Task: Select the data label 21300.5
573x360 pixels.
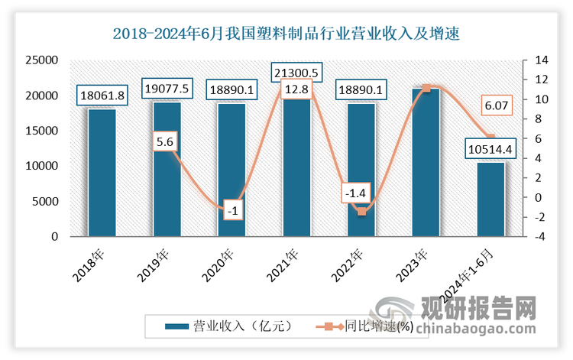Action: coord(296,72)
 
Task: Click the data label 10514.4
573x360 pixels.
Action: coord(491,148)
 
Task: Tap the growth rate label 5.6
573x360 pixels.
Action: coord(167,142)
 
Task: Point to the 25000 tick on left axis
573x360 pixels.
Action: coord(44,60)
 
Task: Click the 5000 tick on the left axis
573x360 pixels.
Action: coord(47,202)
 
